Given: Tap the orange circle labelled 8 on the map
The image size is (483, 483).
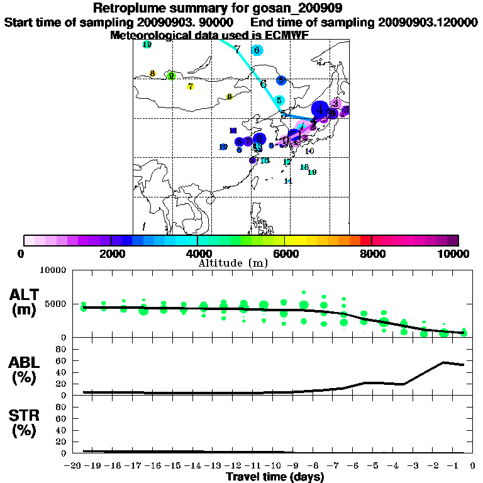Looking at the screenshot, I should coord(153,74).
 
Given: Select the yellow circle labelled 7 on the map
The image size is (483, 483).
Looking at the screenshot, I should coord(191,86).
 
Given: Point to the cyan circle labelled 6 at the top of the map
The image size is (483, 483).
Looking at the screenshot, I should coord(257,50).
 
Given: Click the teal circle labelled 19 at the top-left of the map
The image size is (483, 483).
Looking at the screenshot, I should coord(147,45).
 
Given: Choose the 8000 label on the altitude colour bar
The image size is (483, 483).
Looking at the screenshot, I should coord(372,253).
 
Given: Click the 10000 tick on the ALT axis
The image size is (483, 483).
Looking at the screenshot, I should coord(54,270).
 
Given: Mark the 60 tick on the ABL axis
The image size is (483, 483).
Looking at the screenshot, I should coord(61,360).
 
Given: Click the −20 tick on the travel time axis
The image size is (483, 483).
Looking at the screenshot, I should coord(74,464).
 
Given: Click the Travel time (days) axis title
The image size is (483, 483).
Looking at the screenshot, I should coord(275,476).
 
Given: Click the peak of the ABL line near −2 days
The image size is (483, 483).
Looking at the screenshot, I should coord(444,362).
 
